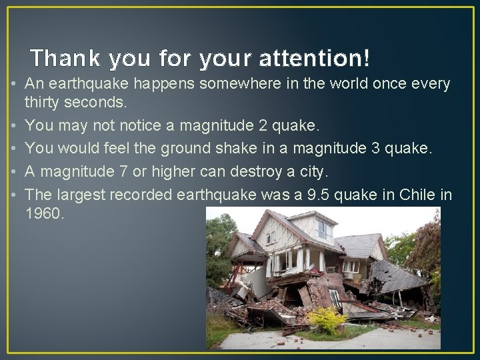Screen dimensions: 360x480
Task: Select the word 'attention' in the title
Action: tap(311, 59)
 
